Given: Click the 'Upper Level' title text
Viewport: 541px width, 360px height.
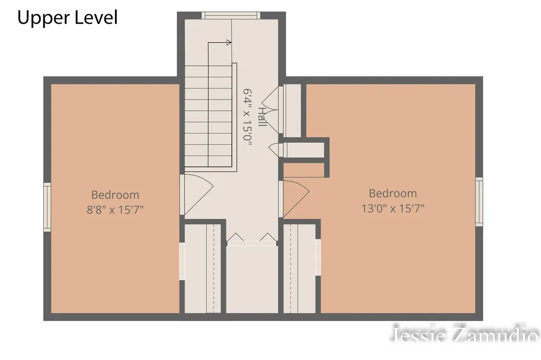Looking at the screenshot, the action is [x=68, y=18].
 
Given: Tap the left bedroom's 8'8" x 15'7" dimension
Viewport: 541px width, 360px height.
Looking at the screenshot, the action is [x=115, y=210].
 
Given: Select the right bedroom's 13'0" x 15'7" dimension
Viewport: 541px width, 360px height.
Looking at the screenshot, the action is [x=393, y=209].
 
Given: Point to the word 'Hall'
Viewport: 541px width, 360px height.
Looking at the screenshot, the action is [x=262, y=117].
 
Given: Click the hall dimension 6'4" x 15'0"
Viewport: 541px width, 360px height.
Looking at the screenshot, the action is [x=248, y=117].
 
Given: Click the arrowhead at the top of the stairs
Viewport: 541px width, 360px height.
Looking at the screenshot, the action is [x=229, y=42].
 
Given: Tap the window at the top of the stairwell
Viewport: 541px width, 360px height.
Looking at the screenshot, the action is [x=231, y=15].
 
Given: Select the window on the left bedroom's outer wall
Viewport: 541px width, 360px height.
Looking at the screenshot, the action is [x=47, y=207].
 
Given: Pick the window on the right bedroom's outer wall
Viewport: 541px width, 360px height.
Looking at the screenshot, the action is [x=479, y=202].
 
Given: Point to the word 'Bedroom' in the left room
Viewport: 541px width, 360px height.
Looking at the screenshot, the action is [x=115, y=195].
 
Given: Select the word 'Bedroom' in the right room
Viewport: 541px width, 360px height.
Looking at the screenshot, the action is [x=393, y=193].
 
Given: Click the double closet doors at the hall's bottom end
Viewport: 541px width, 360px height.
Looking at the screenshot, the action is [x=252, y=239].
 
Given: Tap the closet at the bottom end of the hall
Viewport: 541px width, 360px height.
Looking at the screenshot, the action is [x=252, y=279].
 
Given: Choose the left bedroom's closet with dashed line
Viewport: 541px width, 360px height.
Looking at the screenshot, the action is [x=202, y=269].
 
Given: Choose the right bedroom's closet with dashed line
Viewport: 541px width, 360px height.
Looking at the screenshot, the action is [x=300, y=269].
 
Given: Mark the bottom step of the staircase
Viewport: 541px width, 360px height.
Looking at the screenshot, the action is [x=208, y=162].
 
